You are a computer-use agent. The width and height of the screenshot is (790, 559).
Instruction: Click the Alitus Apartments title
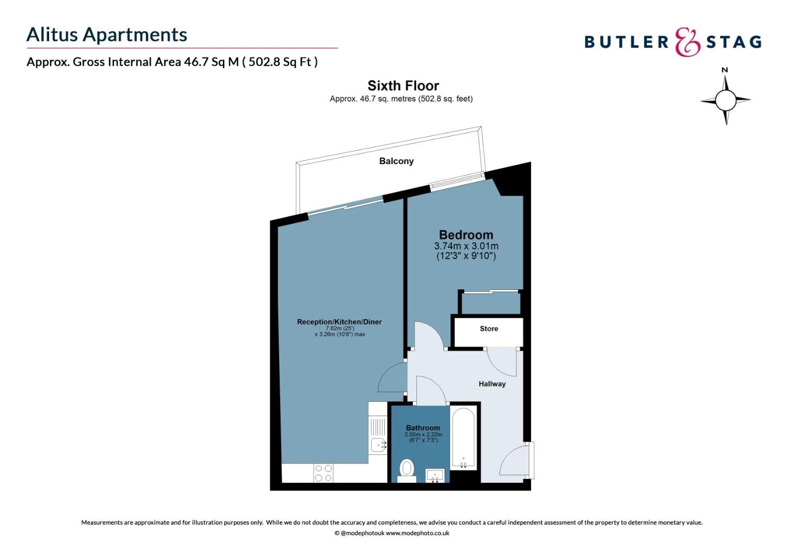coord(107,35)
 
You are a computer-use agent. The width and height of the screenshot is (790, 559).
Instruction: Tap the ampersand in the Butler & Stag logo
coord(688,42)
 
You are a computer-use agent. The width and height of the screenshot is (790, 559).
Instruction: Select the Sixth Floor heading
coord(403,85)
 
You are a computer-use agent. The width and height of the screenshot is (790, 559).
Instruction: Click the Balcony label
coord(396,161)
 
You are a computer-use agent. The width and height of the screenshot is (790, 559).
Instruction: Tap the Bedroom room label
coord(466,234)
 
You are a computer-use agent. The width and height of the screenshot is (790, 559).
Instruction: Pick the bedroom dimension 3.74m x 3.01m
coord(466,246)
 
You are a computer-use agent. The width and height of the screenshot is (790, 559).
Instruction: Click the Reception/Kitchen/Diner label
coord(339,322)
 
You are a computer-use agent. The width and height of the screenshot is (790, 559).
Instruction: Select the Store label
coord(489,329)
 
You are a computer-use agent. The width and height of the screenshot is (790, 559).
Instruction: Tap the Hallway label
coord(492,384)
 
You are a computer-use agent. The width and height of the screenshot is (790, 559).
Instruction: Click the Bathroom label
coord(423,428)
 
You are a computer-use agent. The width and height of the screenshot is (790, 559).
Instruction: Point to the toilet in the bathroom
coord(407,469)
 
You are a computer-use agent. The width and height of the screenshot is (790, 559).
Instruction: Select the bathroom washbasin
coord(435,475)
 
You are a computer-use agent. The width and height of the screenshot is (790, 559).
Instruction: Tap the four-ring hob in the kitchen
coord(324,473)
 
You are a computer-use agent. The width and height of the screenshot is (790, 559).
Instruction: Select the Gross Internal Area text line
coord(172,62)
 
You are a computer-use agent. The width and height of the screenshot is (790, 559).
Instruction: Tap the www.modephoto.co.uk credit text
coord(417,533)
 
